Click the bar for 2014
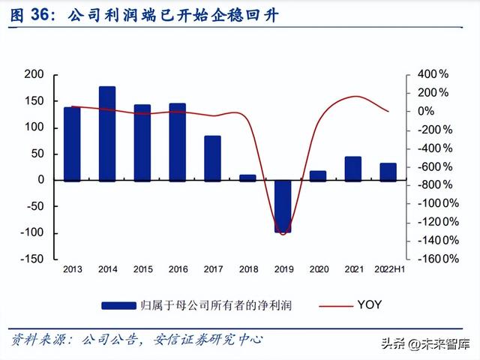coord(107,133)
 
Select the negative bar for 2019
coord(283,206)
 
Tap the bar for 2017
coord(212,158)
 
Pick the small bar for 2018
coord(247,178)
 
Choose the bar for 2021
coord(352,169)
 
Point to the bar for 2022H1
coord(388,172)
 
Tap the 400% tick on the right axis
coord(433,74)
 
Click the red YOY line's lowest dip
coord(283,234)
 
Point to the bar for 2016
coord(178,142)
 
